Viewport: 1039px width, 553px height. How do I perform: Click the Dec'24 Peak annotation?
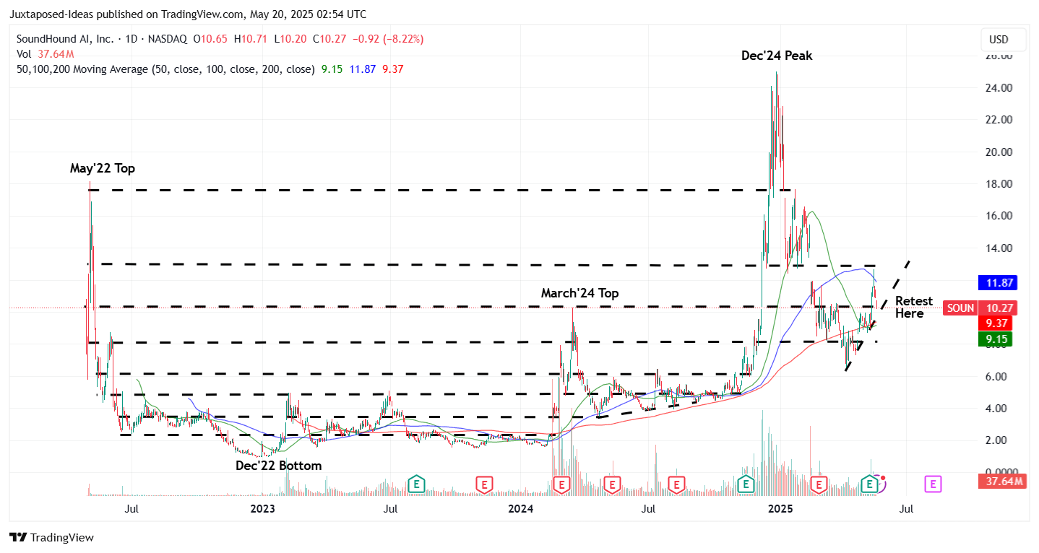[x=776, y=56]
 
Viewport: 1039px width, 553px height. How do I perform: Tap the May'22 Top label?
[x=102, y=168]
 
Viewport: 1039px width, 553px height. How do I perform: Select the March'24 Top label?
[x=579, y=293]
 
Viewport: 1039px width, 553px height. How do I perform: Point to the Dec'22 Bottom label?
[x=278, y=466]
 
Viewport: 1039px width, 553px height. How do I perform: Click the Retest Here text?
[x=913, y=307]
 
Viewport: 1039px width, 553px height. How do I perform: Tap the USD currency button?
[x=998, y=40]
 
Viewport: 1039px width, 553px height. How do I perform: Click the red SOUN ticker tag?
[x=960, y=308]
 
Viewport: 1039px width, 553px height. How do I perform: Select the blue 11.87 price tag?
[x=997, y=283]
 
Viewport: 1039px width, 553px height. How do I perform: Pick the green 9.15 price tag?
[x=997, y=339]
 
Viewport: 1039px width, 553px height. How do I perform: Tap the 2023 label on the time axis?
[x=262, y=509]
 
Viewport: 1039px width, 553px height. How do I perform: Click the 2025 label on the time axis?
[x=780, y=509]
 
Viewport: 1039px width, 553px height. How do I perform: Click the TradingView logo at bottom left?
[x=51, y=537]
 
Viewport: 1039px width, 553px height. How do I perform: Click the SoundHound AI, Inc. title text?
[x=64, y=39]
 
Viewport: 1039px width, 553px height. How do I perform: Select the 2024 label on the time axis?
[x=520, y=509]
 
